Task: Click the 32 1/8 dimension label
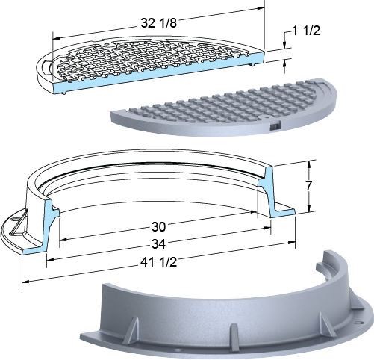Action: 158,23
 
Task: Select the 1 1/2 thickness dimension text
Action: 306,31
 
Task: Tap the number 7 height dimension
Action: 308,185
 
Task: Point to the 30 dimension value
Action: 158,227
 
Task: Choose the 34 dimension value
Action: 158,244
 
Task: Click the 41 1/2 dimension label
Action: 158,262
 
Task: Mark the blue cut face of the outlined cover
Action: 159,72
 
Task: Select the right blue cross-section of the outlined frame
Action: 275,192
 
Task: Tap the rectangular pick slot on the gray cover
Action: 275,126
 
